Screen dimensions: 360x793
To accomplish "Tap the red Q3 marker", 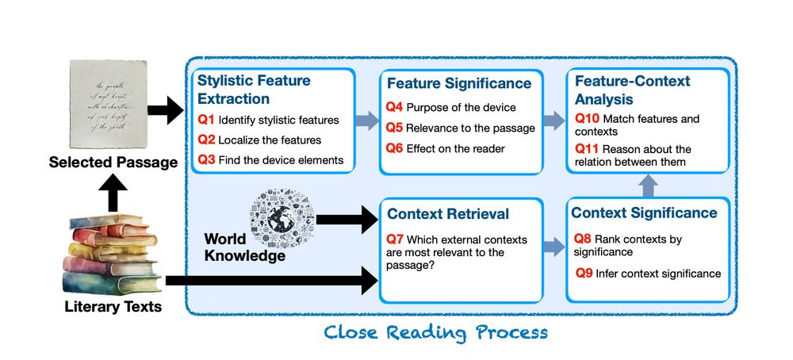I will [x=206, y=160].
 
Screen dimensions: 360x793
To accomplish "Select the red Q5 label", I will [x=394, y=128].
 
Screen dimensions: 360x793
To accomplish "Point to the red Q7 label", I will [x=394, y=239].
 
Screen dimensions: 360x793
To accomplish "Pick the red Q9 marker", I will [x=584, y=274].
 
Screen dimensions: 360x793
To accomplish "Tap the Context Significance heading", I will [x=644, y=213].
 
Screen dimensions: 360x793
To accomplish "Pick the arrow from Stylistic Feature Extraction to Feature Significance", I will [x=366, y=121].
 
